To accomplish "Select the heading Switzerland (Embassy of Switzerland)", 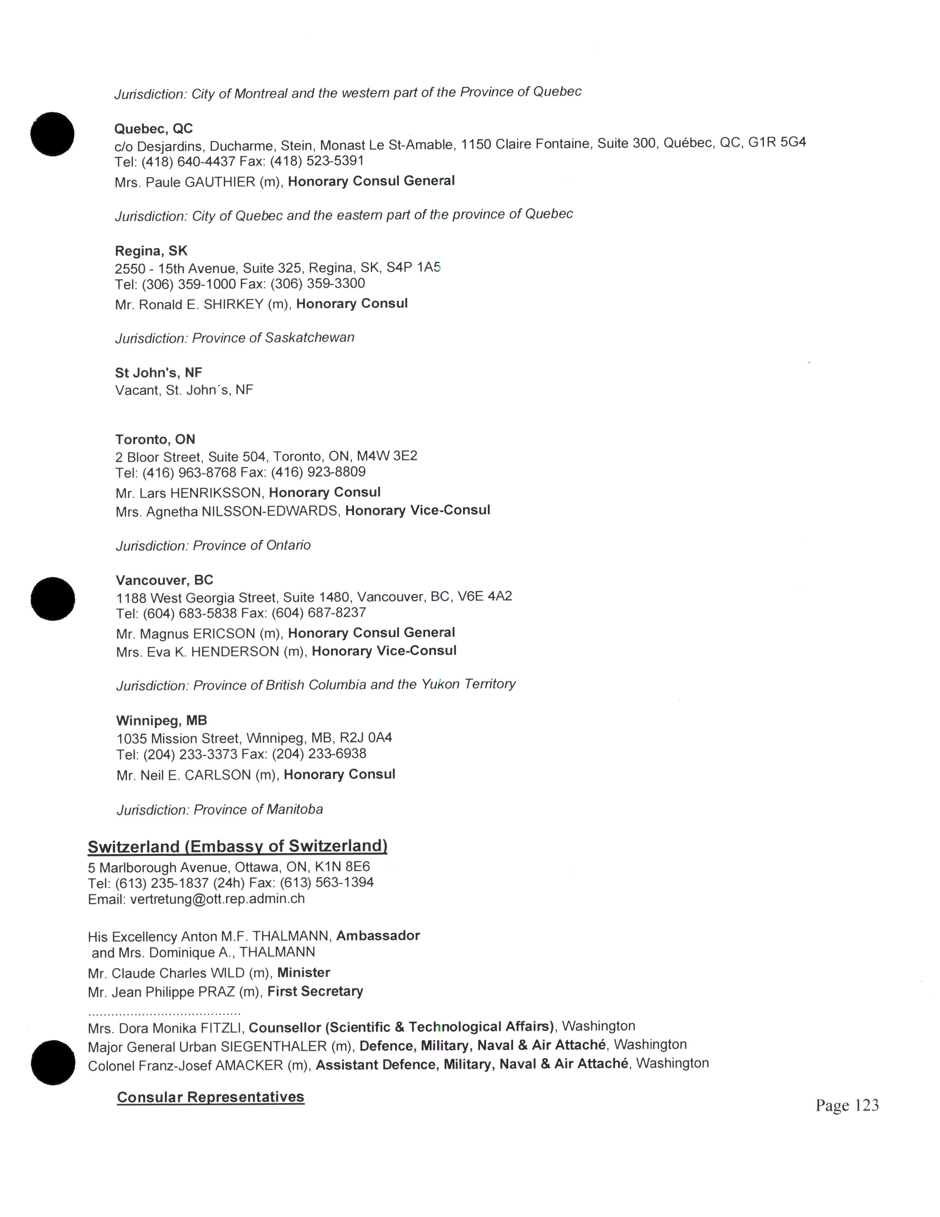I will pos(237,846).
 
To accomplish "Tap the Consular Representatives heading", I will pos(210,1097).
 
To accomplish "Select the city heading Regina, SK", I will pos(151,251).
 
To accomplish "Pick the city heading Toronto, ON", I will pos(155,440).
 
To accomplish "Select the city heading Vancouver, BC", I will pos(164,580).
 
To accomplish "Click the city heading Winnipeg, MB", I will pos(161,721).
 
